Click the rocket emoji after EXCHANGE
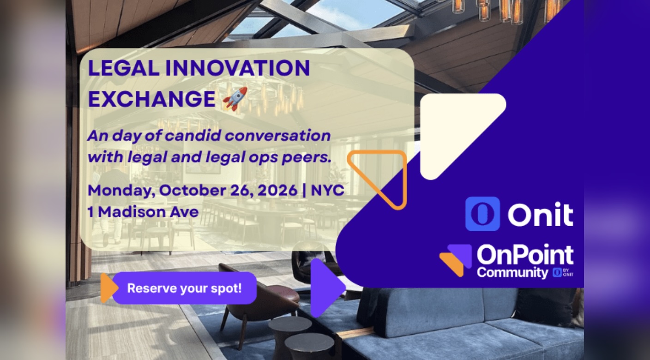pos(235,99)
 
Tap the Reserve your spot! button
pos(185,288)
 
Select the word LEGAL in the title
pos(124,68)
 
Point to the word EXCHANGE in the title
pos(151,99)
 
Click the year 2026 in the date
pos(277,190)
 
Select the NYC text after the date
pos(328,190)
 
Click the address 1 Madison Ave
pos(143,212)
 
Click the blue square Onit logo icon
pos(482,214)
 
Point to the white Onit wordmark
pos(540,214)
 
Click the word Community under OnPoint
pos(512,273)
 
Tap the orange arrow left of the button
pos(108,288)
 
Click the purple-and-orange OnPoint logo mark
pos(456,260)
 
